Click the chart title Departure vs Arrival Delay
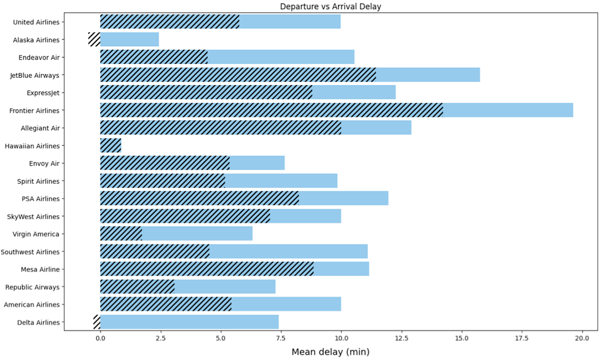coord(330,7)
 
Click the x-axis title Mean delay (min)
coord(330,352)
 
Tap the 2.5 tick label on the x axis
coord(160,338)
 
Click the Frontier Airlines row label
coord(34,110)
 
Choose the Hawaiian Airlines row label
coord(32,146)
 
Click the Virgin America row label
coord(36,234)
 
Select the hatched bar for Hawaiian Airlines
coord(111,146)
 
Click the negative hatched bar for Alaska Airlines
coord(94,40)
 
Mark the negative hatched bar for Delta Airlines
coord(97,322)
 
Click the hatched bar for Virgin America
coord(121,234)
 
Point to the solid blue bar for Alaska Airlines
coord(129,40)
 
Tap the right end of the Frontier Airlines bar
coord(572,110)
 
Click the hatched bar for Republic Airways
coord(137,287)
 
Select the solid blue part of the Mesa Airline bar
coord(341,269)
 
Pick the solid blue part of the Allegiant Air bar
coord(376,128)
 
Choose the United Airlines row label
coord(36,22)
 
